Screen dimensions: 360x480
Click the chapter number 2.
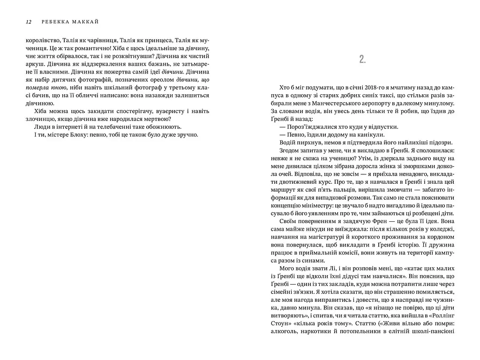(362, 59)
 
